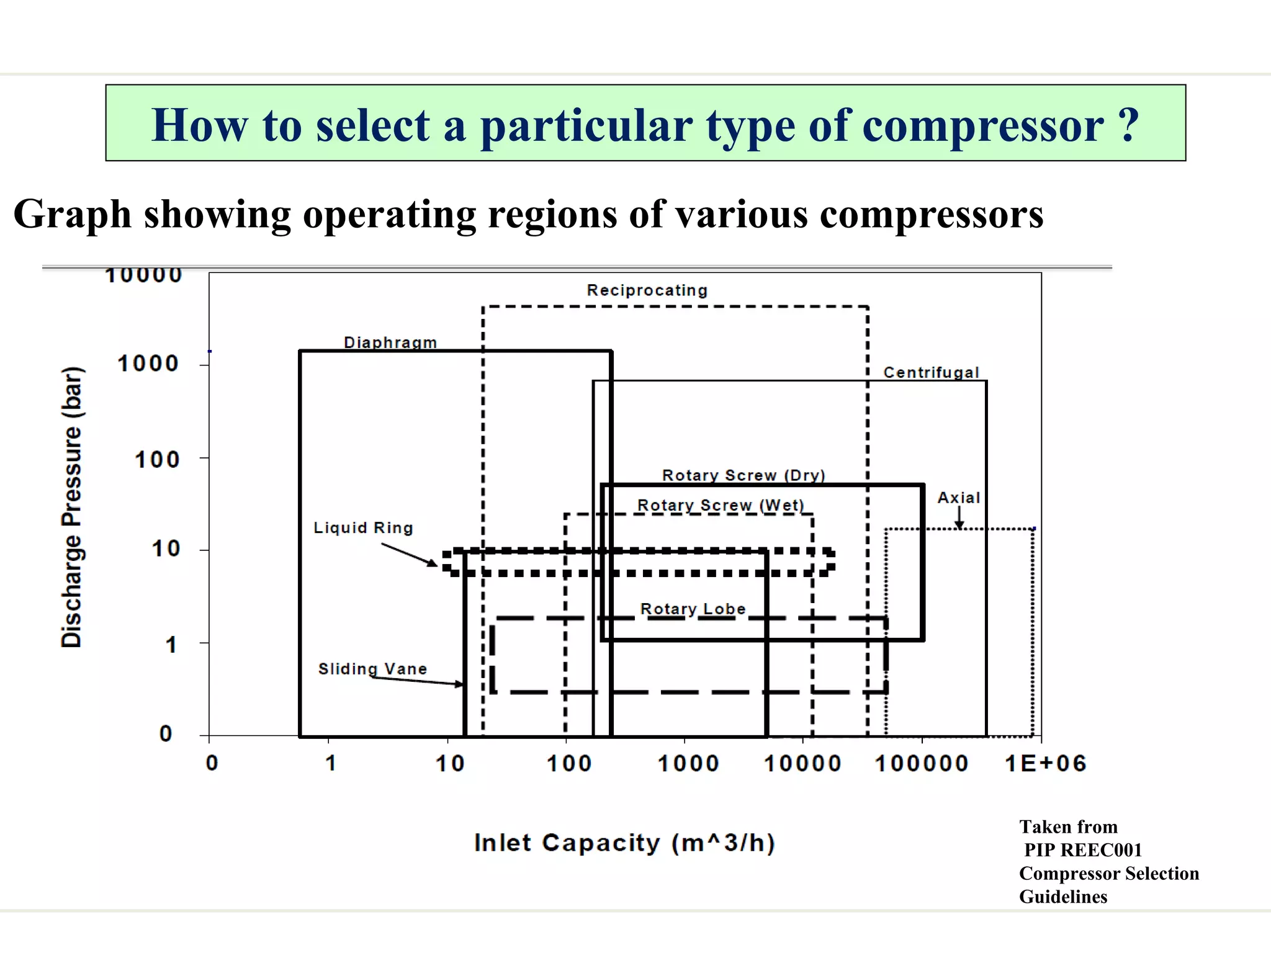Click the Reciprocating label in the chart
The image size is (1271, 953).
[647, 290]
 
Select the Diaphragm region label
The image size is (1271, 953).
[390, 342]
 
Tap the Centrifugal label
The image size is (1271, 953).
[931, 372]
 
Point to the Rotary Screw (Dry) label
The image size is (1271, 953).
[743, 475]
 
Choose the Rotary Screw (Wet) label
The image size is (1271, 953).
[721, 505]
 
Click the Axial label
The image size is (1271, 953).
[958, 498]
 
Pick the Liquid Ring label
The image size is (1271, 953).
[363, 527]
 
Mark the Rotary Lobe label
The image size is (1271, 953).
[693, 609]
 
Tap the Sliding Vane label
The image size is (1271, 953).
[372, 668]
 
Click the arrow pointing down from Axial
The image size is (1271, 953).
[959, 517]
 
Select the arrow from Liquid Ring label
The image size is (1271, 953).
[409, 554]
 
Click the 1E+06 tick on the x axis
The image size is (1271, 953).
[1046, 763]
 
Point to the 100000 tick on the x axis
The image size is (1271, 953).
[922, 763]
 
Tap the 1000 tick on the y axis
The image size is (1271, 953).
[148, 364]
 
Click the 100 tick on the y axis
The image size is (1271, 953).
[157, 460]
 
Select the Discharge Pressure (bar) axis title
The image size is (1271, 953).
[71, 507]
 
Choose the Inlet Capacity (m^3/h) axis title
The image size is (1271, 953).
[624, 843]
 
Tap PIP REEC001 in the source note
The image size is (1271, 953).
[1082, 850]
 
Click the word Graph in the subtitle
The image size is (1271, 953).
[73, 215]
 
